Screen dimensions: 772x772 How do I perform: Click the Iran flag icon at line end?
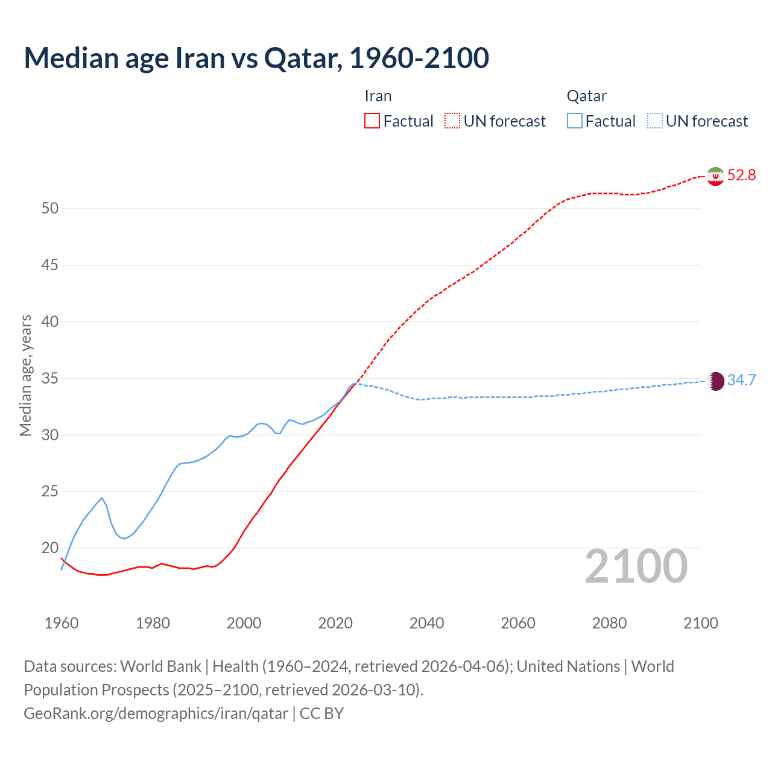[x=715, y=176]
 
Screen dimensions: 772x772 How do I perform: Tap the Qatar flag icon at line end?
[x=715, y=381]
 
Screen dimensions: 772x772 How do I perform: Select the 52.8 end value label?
[x=741, y=176]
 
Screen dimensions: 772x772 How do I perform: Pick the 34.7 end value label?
[x=741, y=381]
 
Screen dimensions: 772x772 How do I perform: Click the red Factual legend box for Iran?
[x=372, y=121]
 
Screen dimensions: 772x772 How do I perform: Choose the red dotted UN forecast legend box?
[x=452, y=121]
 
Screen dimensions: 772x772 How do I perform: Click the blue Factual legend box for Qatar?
[x=575, y=121]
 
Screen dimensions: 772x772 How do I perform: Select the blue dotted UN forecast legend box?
[x=654, y=121]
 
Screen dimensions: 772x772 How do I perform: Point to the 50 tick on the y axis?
[x=50, y=209]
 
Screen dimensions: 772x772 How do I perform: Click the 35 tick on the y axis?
[x=50, y=379]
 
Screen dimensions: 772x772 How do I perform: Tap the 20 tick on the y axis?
[x=50, y=548]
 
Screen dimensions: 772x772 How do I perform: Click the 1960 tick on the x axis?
[x=62, y=623]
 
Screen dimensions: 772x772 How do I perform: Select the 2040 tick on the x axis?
[x=426, y=623]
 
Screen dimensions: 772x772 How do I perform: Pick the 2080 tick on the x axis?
[x=609, y=623]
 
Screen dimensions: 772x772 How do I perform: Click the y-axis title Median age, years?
[x=25, y=375]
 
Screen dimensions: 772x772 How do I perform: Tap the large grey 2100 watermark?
[x=636, y=566]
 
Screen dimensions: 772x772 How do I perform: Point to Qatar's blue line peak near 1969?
[x=102, y=498]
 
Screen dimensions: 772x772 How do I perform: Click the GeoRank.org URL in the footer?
[x=156, y=713]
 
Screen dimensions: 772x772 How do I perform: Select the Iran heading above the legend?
[x=378, y=96]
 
